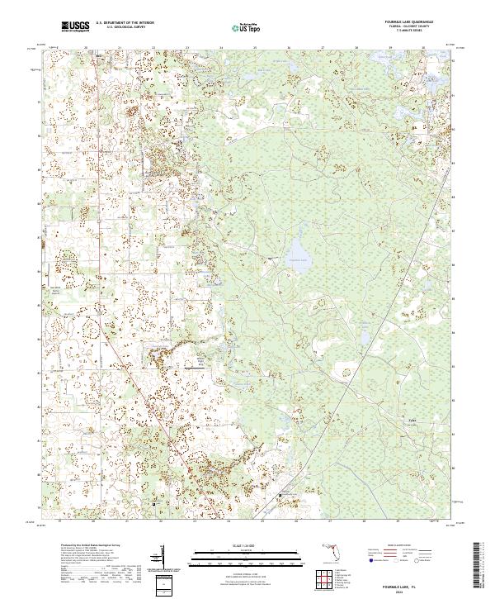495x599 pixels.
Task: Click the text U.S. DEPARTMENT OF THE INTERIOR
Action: (x=125, y=23)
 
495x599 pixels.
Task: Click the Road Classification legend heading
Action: (x=396, y=546)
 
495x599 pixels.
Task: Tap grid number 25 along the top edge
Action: (x=255, y=48)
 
